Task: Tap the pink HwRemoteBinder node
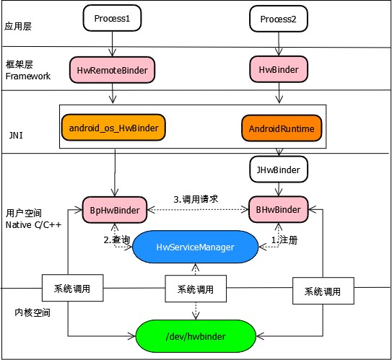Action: click(x=112, y=69)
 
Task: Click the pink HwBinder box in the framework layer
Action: click(x=278, y=69)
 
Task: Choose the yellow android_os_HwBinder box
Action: click(x=113, y=128)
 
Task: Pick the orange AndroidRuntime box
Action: click(x=278, y=128)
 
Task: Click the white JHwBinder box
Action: click(x=278, y=170)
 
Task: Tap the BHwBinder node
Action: click(x=278, y=210)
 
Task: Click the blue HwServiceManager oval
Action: click(x=195, y=247)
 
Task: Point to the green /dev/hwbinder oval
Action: click(x=195, y=335)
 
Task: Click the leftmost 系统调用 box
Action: click(x=71, y=289)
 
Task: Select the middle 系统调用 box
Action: click(x=195, y=289)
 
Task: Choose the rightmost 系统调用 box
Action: click(x=323, y=292)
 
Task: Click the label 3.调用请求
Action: click(x=196, y=198)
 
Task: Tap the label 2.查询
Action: click(x=116, y=239)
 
